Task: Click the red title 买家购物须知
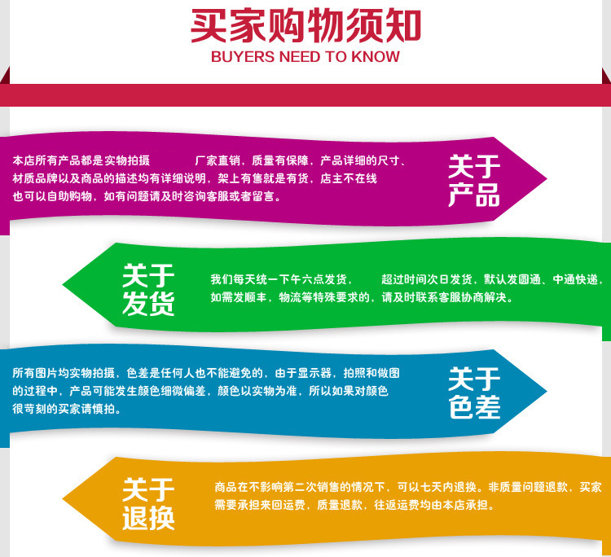pos(305,25)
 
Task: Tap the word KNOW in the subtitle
pos(374,57)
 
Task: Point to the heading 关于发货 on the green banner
pos(148,290)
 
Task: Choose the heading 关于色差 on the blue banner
pos(473,393)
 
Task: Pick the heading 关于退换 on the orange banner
pos(148,504)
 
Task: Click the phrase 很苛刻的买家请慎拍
pos(66,409)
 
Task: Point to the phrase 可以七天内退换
pos(440,487)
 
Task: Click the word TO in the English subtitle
pos(338,57)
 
